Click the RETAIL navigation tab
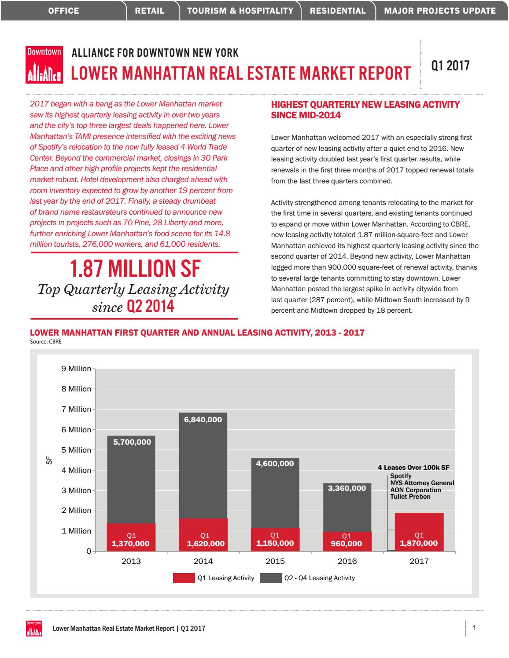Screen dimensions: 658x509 pyautogui.click(x=150, y=11)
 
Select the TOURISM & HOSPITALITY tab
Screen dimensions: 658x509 pyautogui.click(x=240, y=11)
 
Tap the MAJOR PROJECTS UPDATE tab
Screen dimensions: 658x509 pyautogui.click(x=440, y=11)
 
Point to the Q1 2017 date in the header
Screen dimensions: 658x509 pyautogui.click(x=450, y=66)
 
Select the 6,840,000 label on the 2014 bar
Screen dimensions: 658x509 pyautogui.click(x=203, y=420)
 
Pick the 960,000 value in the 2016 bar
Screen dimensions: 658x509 pyautogui.click(x=347, y=544)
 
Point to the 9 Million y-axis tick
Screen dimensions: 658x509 pyautogui.click(x=76, y=369)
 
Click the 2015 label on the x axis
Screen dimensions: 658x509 pyautogui.click(x=275, y=561)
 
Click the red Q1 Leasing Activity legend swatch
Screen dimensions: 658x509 pyautogui.click(x=184, y=578)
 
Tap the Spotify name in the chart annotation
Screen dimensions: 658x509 pyautogui.click(x=401, y=476)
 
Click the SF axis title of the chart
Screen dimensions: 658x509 pyautogui.click(x=49, y=460)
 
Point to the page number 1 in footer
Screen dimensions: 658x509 pyautogui.click(x=474, y=628)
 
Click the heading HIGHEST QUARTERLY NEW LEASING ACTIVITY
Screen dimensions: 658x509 pyautogui.click(x=365, y=105)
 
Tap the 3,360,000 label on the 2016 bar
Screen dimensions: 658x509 pyautogui.click(x=347, y=488)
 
